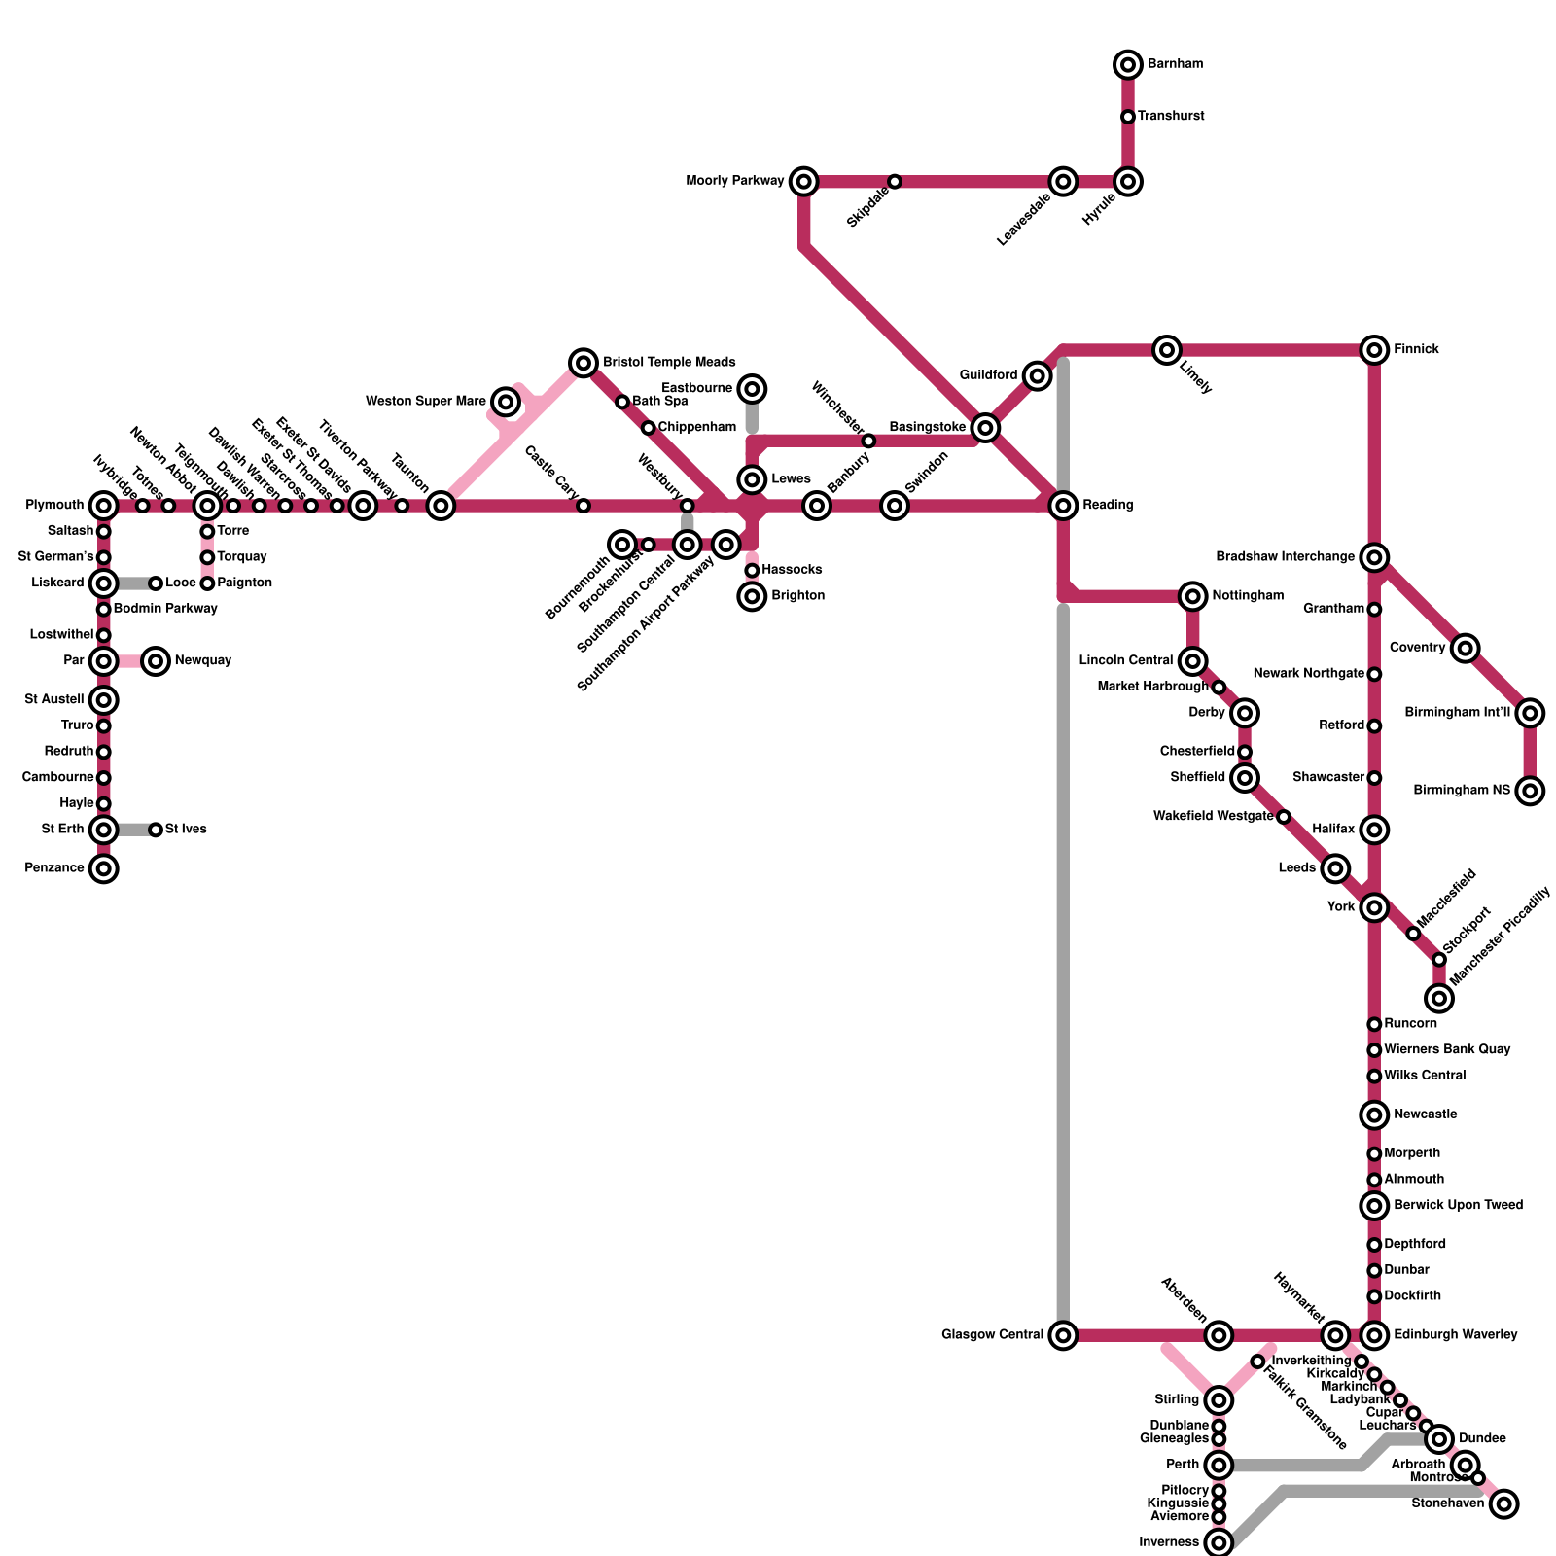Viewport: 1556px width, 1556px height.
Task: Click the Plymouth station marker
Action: (x=104, y=506)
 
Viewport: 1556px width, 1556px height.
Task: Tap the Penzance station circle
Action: (x=104, y=868)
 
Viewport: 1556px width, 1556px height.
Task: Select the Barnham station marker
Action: (x=1128, y=65)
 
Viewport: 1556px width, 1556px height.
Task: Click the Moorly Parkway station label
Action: (x=734, y=181)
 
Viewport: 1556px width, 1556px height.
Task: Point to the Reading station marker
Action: (x=1064, y=506)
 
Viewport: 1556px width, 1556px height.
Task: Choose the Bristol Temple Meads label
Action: (x=669, y=363)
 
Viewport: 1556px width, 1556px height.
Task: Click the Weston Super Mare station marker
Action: (x=506, y=401)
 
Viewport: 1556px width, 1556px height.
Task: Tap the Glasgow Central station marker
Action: (x=1064, y=1335)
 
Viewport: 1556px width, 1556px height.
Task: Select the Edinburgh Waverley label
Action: (x=1455, y=1335)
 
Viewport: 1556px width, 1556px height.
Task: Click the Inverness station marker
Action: (x=1219, y=1542)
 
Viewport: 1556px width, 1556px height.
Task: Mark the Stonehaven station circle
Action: (x=1504, y=1504)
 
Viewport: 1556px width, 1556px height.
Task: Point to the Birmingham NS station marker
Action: (x=1531, y=791)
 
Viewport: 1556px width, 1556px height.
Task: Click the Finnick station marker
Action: (x=1374, y=350)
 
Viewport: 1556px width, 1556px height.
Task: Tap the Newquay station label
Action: (x=203, y=661)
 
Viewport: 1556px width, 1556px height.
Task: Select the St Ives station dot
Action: (x=156, y=830)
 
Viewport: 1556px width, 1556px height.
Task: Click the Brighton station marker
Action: (x=752, y=596)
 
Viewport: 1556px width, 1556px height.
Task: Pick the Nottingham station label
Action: (x=1248, y=596)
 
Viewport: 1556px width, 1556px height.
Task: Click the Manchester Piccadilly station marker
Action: (x=1439, y=998)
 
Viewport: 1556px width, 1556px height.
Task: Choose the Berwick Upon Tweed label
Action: (x=1458, y=1206)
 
